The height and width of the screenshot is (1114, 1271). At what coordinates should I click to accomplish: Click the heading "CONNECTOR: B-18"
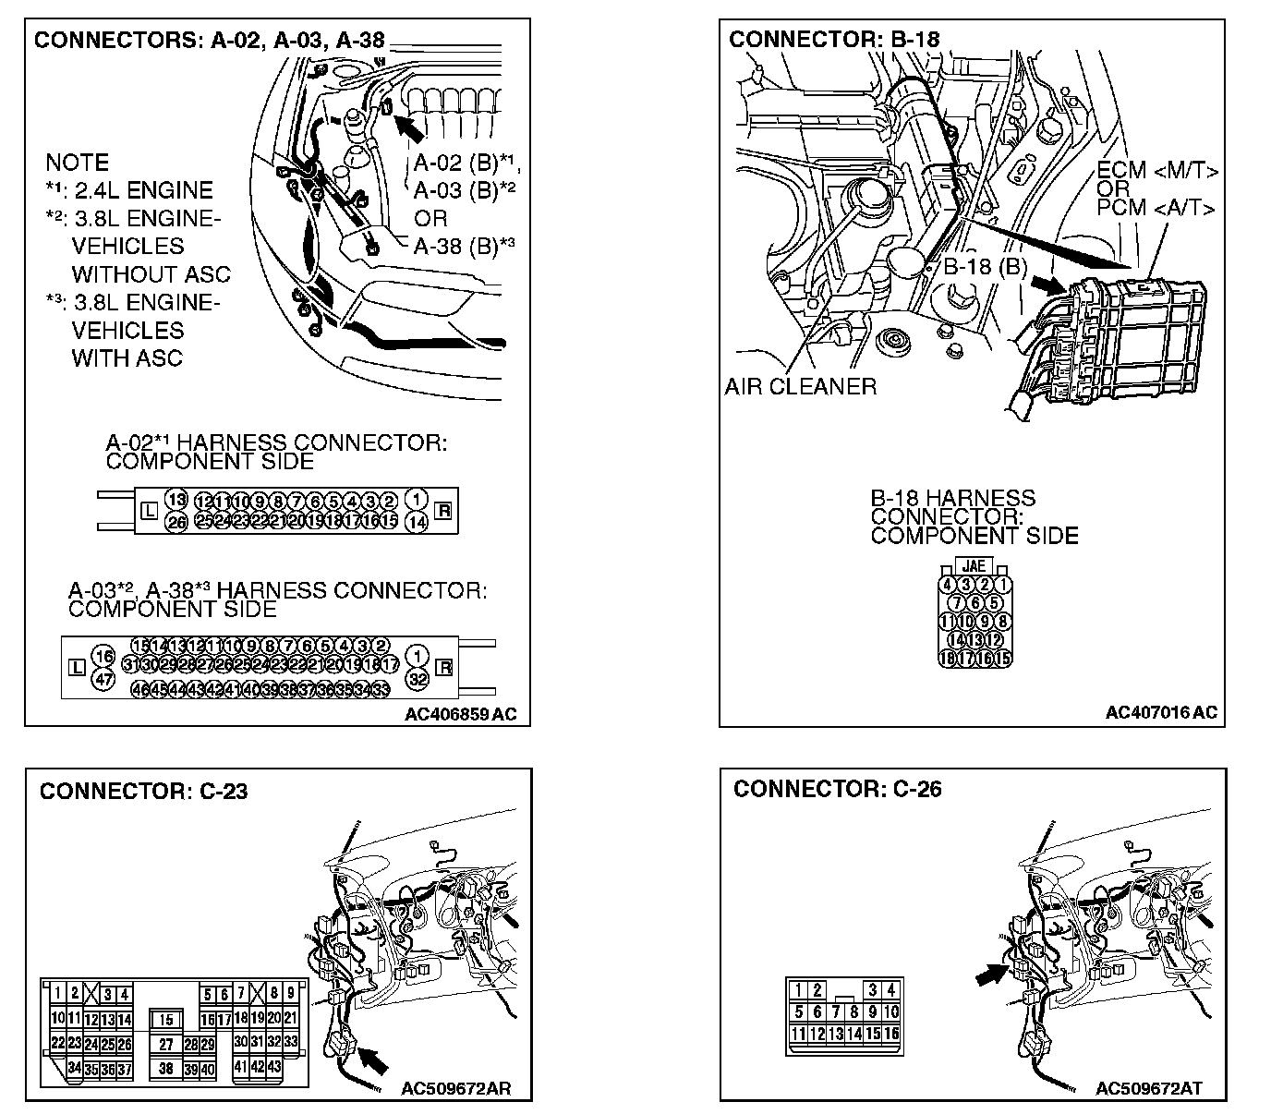[834, 40]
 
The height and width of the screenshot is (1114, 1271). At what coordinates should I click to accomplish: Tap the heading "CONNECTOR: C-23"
[143, 791]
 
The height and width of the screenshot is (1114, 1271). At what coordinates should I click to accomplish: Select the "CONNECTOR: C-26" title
[837, 789]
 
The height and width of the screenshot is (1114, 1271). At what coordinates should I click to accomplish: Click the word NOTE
[78, 163]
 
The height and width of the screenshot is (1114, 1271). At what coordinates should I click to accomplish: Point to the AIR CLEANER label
[800, 386]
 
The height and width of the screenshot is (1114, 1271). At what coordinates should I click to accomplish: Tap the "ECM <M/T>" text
[1157, 172]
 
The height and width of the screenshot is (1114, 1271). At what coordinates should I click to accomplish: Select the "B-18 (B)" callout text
[985, 267]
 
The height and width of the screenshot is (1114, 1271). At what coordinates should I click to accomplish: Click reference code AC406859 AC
[460, 713]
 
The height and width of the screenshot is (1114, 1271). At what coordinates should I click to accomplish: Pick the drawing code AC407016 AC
[1161, 712]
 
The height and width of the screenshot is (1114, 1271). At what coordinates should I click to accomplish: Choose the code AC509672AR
[455, 1088]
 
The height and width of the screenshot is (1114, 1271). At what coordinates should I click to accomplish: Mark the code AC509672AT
[1148, 1088]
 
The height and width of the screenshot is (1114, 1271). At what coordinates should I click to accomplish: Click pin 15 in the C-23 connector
[166, 1020]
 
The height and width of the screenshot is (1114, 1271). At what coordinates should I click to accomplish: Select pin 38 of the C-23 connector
[166, 1069]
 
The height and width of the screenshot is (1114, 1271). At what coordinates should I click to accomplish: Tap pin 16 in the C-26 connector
[890, 1034]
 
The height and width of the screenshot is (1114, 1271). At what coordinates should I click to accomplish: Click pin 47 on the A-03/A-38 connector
[103, 680]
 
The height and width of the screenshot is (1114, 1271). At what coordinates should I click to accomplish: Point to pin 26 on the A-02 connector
[176, 522]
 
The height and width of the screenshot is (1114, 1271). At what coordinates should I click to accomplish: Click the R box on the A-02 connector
[442, 508]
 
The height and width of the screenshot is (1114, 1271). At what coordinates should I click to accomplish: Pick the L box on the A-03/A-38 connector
[78, 666]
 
